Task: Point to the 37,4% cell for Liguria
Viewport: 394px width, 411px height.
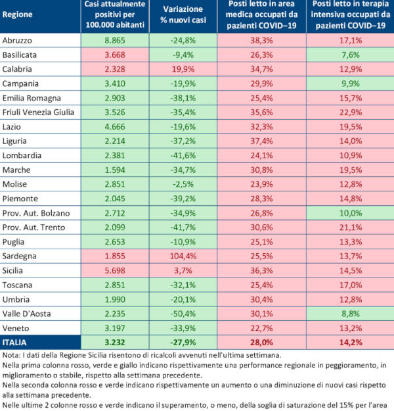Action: tap(260, 141)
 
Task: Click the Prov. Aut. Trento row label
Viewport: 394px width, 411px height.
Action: tap(32, 227)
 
